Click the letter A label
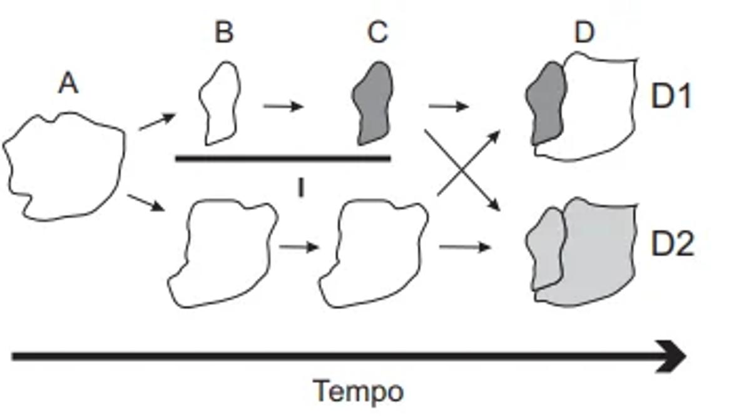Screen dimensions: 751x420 pyautogui.click(x=68, y=83)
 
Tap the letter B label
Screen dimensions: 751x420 pyautogui.click(x=223, y=33)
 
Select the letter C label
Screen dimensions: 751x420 pyautogui.click(x=377, y=33)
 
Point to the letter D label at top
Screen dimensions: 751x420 pyautogui.click(x=583, y=33)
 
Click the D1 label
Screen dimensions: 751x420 pyautogui.click(x=671, y=98)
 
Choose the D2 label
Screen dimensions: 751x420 pyautogui.click(x=672, y=245)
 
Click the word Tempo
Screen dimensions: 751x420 pyautogui.click(x=358, y=392)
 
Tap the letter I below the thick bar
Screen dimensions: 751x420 pyautogui.click(x=300, y=188)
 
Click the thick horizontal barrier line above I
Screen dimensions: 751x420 pyautogui.click(x=283, y=158)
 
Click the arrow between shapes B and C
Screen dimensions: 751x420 pyautogui.click(x=283, y=106)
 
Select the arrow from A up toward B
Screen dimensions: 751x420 pyautogui.click(x=156, y=122)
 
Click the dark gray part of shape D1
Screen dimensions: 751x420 pyautogui.click(x=546, y=103)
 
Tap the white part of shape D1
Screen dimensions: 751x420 pyautogui.click(x=601, y=106)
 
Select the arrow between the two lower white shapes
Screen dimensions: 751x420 pyautogui.click(x=298, y=247)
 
